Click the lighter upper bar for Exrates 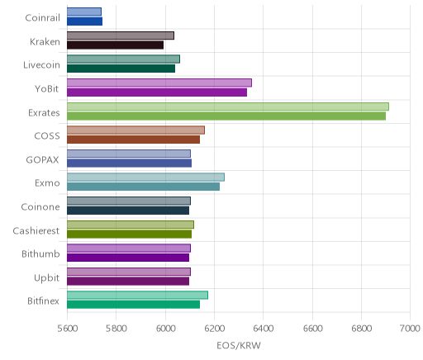point(228,107)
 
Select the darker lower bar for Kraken point(115,45)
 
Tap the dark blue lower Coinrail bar point(84,21)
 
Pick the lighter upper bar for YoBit point(159,83)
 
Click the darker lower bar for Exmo point(143,187)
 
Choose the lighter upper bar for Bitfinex point(137,295)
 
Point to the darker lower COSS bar point(133,140)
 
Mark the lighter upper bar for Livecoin point(123,59)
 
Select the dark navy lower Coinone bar point(128,211)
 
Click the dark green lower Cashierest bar point(129,234)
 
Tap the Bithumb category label point(40,253)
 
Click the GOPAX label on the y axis point(43,159)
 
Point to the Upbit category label point(47,277)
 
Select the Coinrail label point(42,18)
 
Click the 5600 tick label point(67,329)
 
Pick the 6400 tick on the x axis point(263,329)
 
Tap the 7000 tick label point(410,329)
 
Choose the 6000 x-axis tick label point(165,329)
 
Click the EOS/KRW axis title point(239,346)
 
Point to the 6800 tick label point(361,329)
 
